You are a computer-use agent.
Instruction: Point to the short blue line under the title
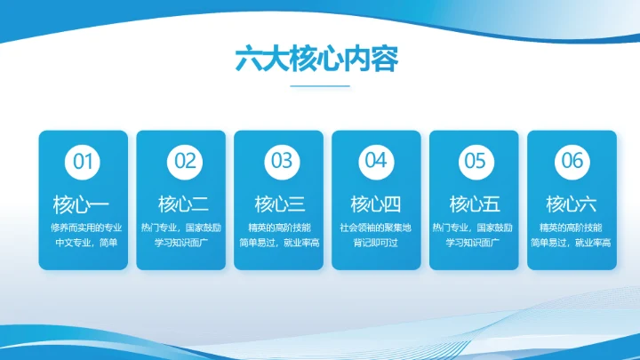[x=319, y=86]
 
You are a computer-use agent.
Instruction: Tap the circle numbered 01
[x=83, y=161]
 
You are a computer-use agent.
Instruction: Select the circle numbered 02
[x=184, y=161]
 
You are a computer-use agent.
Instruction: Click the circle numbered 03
[x=282, y=161]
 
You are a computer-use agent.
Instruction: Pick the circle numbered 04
[x=376, y=161]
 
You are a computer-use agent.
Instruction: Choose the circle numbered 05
[x=475, y=161]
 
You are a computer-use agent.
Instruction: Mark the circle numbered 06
[x=571, y=161]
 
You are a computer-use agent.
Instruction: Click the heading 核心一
[x=83, y=203]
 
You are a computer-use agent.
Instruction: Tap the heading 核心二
[x=184, y=203]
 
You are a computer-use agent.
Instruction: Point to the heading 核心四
[x=376, y=203]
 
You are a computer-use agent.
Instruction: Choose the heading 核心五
[x=475, y=203]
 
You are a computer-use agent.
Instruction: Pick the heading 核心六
[x=571, y=203]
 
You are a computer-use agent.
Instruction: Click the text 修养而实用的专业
[x=84, y=228]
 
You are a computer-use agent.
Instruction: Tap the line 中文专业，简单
[x=84, y=242]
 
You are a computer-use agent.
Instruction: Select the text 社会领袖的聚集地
[x=376, y=228]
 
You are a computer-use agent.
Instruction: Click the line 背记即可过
[x=376, y=242]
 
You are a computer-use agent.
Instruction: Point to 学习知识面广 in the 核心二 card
[x=184, y=242]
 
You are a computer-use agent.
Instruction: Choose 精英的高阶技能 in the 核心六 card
[x=571, y=228]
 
